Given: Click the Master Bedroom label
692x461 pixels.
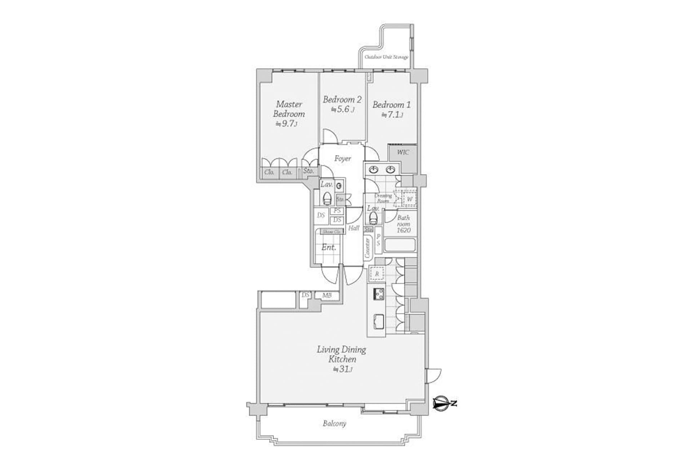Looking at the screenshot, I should point(289,109).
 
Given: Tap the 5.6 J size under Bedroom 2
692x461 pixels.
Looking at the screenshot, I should point(342,109).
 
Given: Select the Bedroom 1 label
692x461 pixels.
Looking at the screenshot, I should point(391,105).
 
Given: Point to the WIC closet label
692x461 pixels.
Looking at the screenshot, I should point(403,152).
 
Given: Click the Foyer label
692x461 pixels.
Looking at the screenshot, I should point(342,158).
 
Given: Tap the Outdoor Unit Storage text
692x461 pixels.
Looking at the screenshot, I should point(386,57).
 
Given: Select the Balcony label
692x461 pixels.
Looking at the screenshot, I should point(334,424).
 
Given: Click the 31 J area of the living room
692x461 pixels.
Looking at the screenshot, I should point(342,369).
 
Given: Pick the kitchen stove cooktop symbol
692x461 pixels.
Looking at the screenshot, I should point(378,294).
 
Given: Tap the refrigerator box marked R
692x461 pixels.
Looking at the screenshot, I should point(377,274).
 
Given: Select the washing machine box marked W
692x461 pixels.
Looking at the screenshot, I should point(409,199).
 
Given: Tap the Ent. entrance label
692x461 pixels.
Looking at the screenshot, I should point(328,247).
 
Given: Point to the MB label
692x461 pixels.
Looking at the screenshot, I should point(327,296).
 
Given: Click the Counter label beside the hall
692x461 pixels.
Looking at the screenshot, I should point(368,247).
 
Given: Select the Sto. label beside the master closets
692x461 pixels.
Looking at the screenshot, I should point(309,171).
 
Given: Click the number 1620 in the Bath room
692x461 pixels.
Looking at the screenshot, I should point(403,230).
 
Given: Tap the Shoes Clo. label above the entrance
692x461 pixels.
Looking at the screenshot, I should point(331,232).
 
